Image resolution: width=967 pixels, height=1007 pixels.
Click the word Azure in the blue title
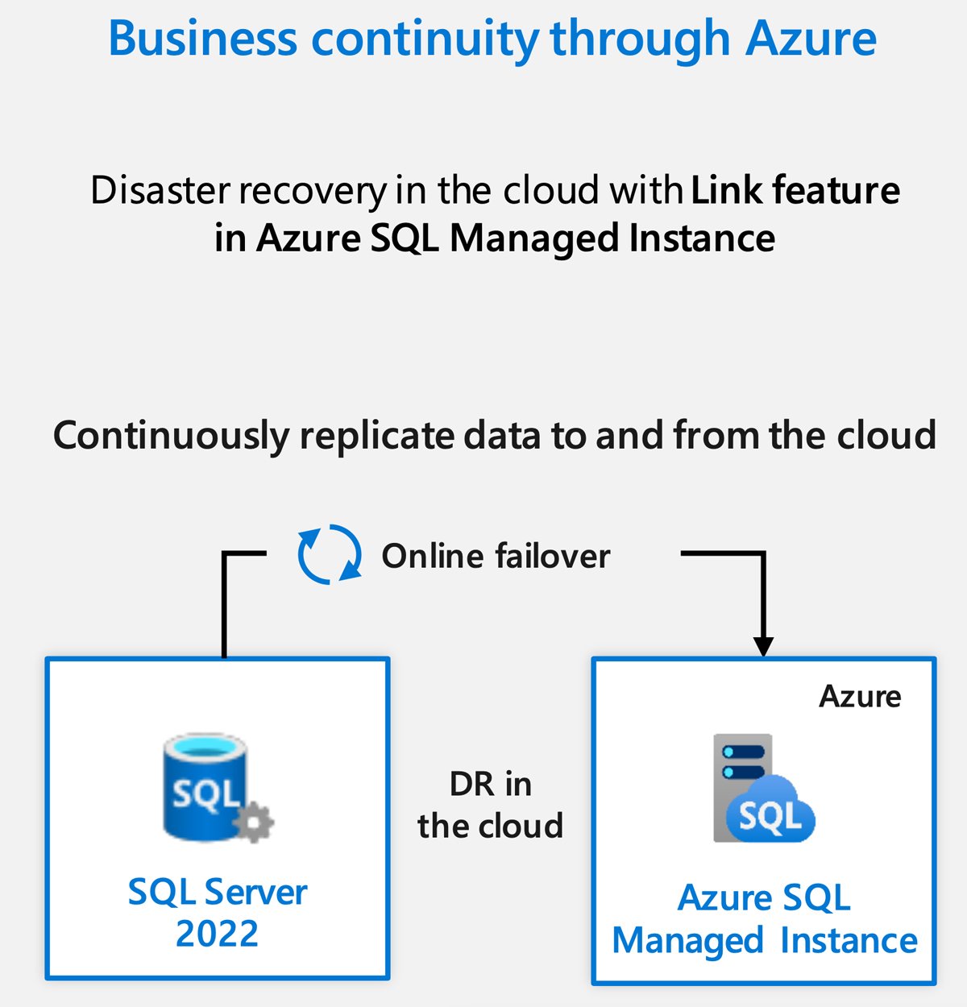tap(811, 38)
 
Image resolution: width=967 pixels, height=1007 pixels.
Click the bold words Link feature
tap(795, 191)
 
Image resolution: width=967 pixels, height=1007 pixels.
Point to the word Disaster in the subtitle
tap(160, 191)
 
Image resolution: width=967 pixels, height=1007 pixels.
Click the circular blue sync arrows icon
tap(330, 554)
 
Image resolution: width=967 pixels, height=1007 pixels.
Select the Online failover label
tap(496, 556)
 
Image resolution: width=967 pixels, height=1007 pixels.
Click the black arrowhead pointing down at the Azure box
tap(763, 646)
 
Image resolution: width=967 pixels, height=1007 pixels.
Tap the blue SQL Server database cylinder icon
tap(203, 785)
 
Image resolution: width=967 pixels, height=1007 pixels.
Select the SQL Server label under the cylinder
tap(218, 893)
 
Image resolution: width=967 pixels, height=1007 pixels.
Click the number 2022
tap(217, 934)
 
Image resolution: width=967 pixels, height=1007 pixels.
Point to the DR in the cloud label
tap(490, 805)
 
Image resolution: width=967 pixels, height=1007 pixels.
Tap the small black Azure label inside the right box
tap(860, 696)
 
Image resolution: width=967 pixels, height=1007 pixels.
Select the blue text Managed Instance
tap(764, 941)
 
